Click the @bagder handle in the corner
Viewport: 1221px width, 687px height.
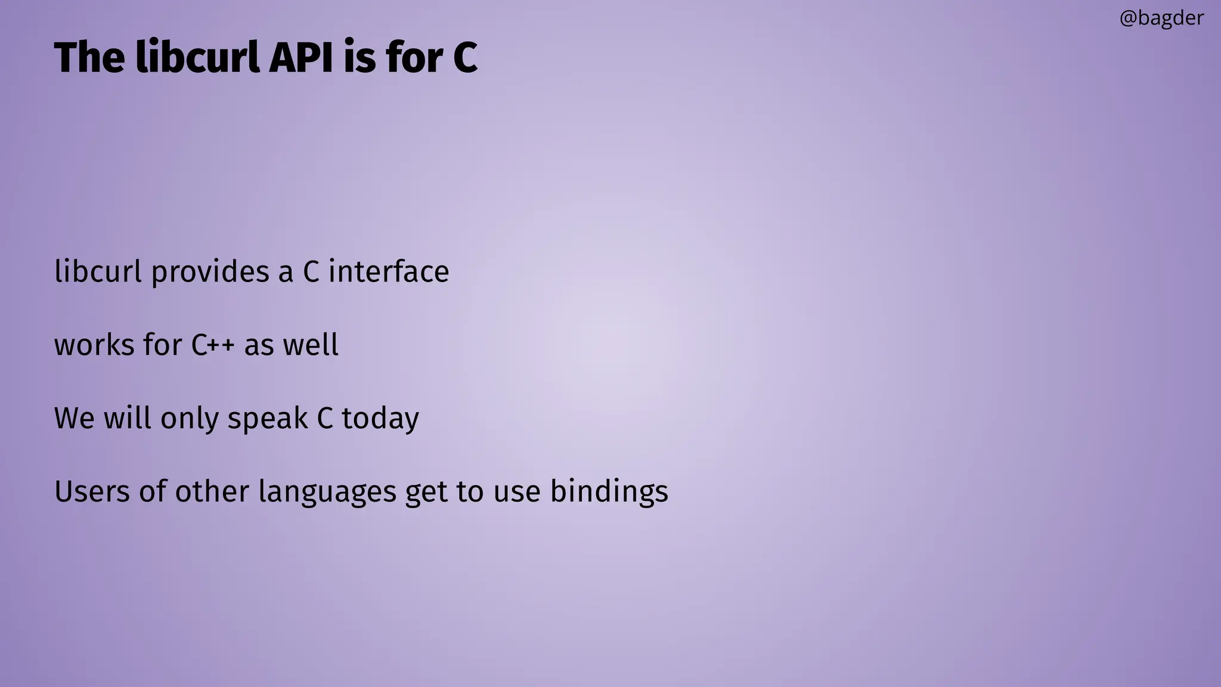(1161, 18)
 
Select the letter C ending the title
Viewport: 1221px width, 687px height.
(466, 58)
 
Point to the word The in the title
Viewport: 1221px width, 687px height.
(90, 58)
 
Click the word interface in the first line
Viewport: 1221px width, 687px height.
(389, 272)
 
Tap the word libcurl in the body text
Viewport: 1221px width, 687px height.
(98, 272)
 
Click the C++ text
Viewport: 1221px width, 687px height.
(213, 345)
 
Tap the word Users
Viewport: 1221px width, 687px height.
(92, 491)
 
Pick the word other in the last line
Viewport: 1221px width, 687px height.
(212, 491)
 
